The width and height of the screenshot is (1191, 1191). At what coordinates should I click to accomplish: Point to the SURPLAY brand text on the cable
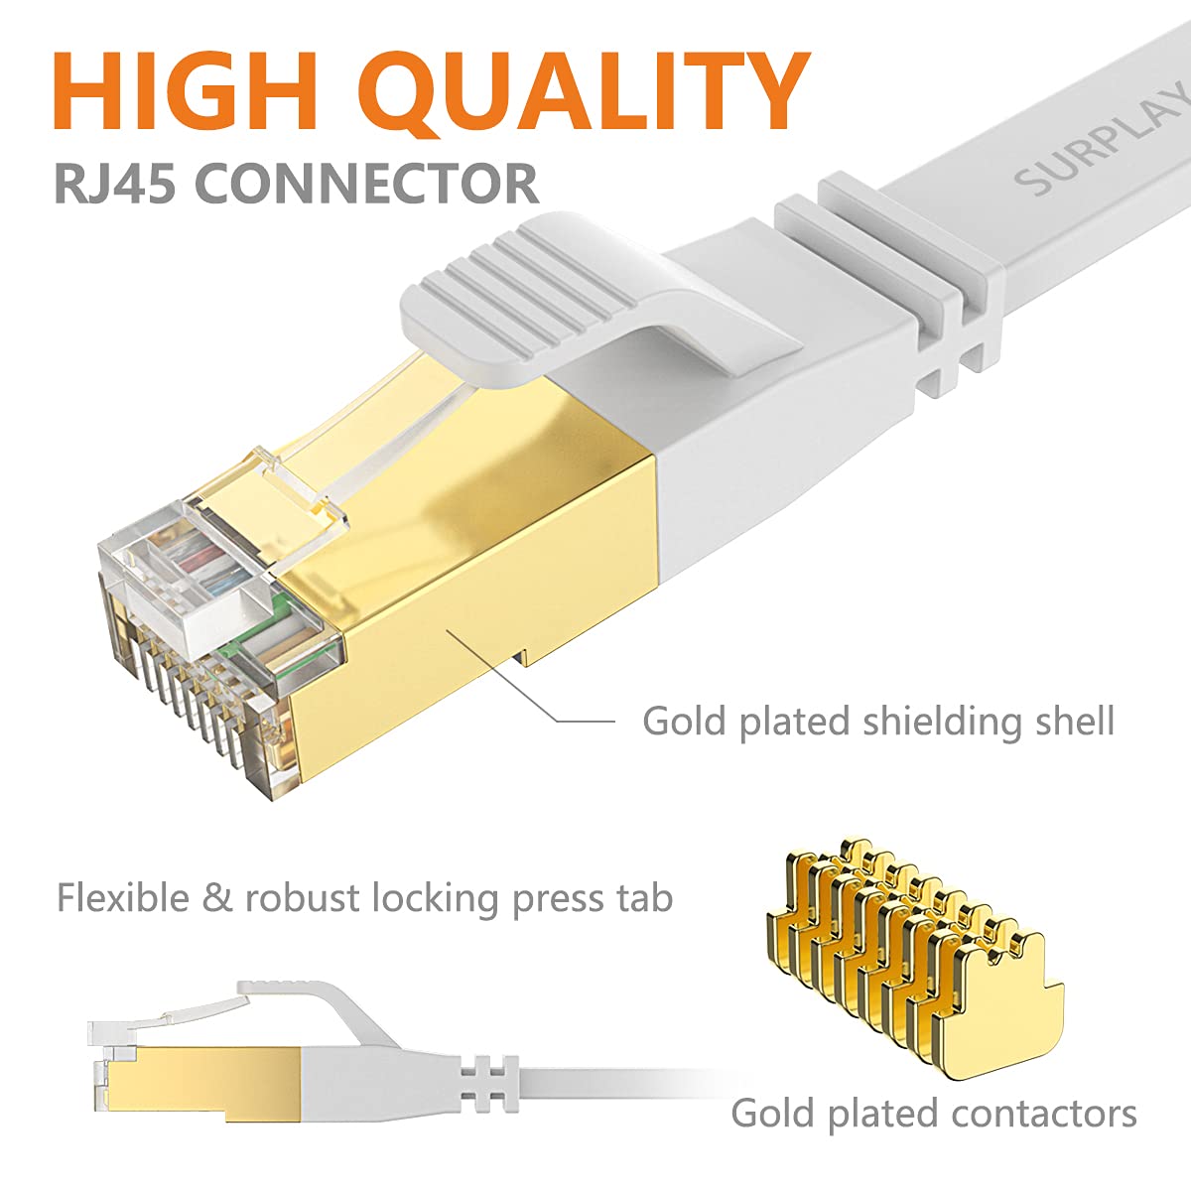pos(1102,139)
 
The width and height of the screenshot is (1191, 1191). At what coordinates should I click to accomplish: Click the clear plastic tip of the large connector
pos(198,635)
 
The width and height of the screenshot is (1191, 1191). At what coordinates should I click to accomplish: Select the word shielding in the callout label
pos(939,722)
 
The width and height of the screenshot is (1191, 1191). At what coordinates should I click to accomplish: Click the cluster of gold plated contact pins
pos(913,953)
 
